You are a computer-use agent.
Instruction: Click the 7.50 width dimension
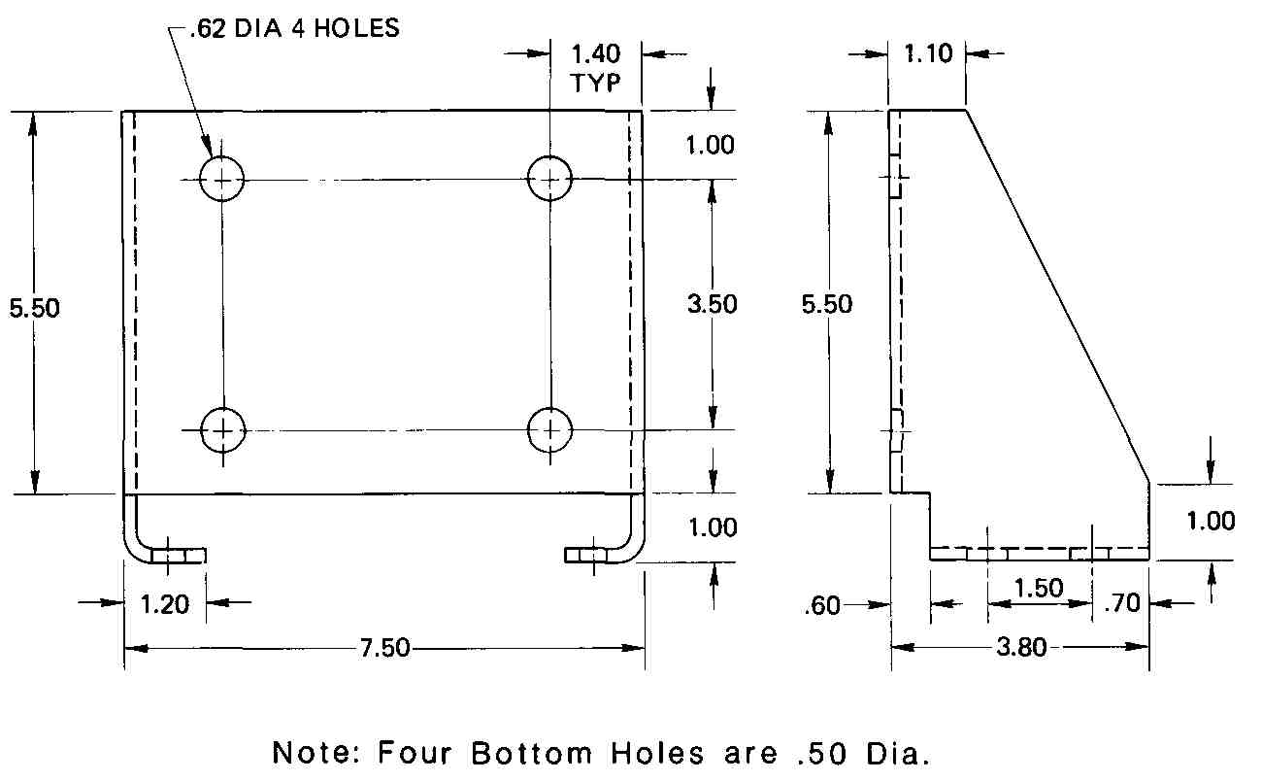[384, 648]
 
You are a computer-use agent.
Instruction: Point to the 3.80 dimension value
[1021, 647]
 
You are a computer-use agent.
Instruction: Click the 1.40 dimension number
[595, 54]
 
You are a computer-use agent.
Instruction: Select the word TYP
[596, 83]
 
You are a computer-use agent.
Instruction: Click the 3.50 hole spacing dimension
[713, 304]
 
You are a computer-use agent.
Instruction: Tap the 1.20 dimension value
[164, 604]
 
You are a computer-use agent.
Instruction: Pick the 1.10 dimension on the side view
[928, 53]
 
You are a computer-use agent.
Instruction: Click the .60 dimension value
[822, 605]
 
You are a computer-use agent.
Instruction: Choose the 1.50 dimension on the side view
[1039, 588]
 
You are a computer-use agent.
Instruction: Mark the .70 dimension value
[1121, 603]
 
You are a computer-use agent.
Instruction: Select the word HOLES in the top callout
[356, 28]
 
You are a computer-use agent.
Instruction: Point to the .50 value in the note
[822, 754]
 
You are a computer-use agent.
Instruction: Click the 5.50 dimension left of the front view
[34, 308]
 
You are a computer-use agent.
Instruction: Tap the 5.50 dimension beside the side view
[826, 304]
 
